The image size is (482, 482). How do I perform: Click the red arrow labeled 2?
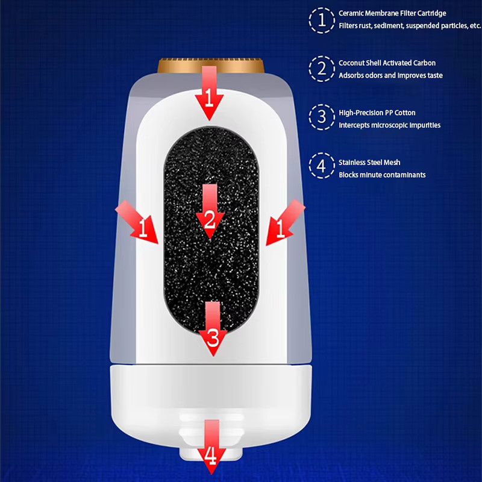tap(210, 212)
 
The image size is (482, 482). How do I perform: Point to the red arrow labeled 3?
tap(213, 329)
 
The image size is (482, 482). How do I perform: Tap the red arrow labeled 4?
tap(211, 447)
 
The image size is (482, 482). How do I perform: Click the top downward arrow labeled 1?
tap(209, 93)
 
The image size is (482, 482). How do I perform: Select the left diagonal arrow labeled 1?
tap(137, 222)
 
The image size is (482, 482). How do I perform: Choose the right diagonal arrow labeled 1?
tap(285, 222)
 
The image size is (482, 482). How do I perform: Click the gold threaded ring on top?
tap(211, 66)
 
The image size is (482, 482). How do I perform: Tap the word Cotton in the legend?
tap(405, 113)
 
